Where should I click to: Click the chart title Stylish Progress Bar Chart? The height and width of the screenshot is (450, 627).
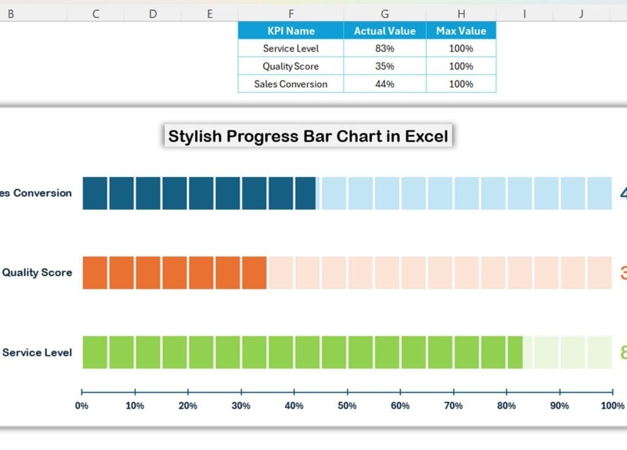(308, 136)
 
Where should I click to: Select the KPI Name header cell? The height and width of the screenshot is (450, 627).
(291, 31)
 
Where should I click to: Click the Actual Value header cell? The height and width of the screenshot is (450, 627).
(385, 31)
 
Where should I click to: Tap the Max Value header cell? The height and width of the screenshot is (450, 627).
(461, 31)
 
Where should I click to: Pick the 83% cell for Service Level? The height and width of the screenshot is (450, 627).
(385, 49)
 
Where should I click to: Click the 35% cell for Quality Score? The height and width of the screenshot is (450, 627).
(385, 66)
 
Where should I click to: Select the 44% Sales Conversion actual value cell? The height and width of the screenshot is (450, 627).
(385, 84)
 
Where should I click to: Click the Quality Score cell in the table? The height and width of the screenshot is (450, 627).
(291, 66)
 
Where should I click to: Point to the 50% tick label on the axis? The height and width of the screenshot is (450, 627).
(347, 406)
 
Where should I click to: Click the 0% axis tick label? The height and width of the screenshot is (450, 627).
(82, 406)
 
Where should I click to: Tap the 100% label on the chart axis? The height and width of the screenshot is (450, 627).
(612, 406)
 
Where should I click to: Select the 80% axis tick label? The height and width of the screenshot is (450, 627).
(507, 406)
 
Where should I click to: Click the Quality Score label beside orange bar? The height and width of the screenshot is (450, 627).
(37, 272)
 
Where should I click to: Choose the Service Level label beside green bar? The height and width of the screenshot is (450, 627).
(37, 352)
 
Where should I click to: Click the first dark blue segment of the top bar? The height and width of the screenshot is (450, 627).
(95, 193)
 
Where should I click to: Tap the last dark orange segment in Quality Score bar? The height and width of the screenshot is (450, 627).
(254, 273)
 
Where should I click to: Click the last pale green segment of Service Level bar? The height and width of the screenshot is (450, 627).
(599, 352)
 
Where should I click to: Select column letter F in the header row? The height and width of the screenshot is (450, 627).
(291, 14)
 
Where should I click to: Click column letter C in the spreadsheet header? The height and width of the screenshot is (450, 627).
(96, 14)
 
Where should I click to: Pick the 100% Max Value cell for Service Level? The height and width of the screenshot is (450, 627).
(461, 49)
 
